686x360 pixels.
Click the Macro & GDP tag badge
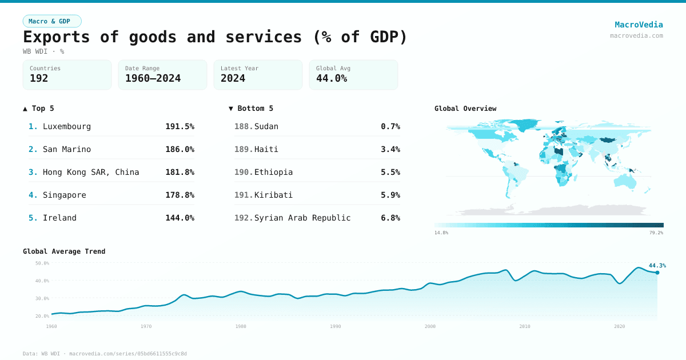point(52,21)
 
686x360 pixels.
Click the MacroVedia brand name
point(639,25)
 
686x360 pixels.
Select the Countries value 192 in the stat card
point(39,79)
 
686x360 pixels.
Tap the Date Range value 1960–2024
point(153,79)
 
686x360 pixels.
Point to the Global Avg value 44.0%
point(331,79)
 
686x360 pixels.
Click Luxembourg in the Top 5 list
point(66,126)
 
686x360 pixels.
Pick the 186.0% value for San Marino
point(180,149)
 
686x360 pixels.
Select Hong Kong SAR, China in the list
point(90,172)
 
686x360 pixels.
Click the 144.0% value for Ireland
point(180,218)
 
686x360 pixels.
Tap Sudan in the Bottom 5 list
point(266,126)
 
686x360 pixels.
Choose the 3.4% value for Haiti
point(390,149)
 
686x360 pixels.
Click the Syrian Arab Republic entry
point(302,218)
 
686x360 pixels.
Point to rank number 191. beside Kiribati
point(243,195)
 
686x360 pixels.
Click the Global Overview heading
point(465,109)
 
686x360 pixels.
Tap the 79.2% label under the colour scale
point(656,233)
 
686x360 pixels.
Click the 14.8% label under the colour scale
point(441,233)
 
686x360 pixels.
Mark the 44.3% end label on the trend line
point(657,266)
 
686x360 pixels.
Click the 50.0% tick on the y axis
point(42,263)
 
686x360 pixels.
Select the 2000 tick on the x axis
point(430,326)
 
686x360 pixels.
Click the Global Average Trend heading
point(64,251)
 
